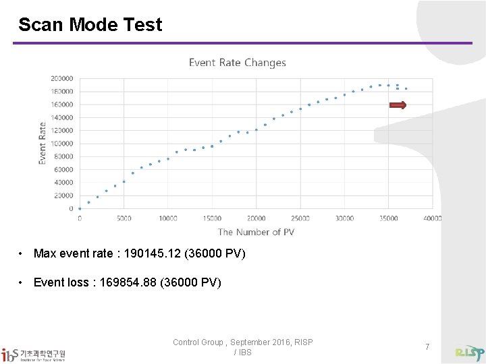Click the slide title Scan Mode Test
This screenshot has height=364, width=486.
coord(90,25)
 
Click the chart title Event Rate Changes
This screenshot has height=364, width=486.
coord(238,63)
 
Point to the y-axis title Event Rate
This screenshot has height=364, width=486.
coord(43,143)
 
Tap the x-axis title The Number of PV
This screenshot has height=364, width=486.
coord(256,232)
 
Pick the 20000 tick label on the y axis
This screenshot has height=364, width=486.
coord(63,195)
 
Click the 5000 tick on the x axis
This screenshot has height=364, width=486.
coord(124,218)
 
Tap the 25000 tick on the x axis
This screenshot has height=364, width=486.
coord(300,218)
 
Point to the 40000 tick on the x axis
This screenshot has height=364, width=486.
coord(433,218)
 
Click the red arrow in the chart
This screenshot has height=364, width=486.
coord(398,105)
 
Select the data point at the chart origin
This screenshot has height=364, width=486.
coord(80,209)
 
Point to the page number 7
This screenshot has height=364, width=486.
coord(427,346)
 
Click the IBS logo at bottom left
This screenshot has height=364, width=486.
coord(34,354)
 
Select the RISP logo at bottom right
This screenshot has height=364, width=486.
coord(470,353)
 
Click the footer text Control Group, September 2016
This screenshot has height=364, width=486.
coord(242,342)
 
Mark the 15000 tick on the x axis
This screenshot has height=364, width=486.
coord(212,218)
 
